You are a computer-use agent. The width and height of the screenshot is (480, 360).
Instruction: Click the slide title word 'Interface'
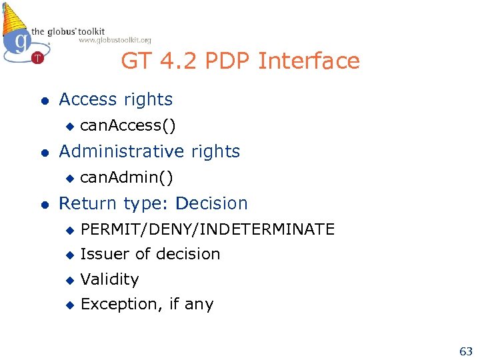click(309, 61)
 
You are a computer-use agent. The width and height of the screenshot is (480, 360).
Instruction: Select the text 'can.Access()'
click(128, 125)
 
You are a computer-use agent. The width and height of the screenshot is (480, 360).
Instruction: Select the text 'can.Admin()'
click(127, 177)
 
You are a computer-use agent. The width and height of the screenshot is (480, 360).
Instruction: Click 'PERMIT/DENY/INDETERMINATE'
click(207, 229)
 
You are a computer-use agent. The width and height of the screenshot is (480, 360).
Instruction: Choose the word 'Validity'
click(109, 279)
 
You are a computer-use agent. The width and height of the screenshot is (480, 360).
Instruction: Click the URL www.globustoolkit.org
click(115, 40)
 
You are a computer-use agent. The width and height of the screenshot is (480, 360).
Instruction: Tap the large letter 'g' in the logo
click(22, 41)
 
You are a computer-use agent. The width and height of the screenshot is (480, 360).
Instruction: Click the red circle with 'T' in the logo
click(37, 58)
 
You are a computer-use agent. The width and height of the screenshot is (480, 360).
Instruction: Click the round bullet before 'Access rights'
click(44, 101)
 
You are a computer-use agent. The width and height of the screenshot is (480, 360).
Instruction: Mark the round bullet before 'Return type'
click(44, 205)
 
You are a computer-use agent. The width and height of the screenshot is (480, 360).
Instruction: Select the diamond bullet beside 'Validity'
click(68, 280)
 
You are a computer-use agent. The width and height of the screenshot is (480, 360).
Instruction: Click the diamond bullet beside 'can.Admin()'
click(68, 178)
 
